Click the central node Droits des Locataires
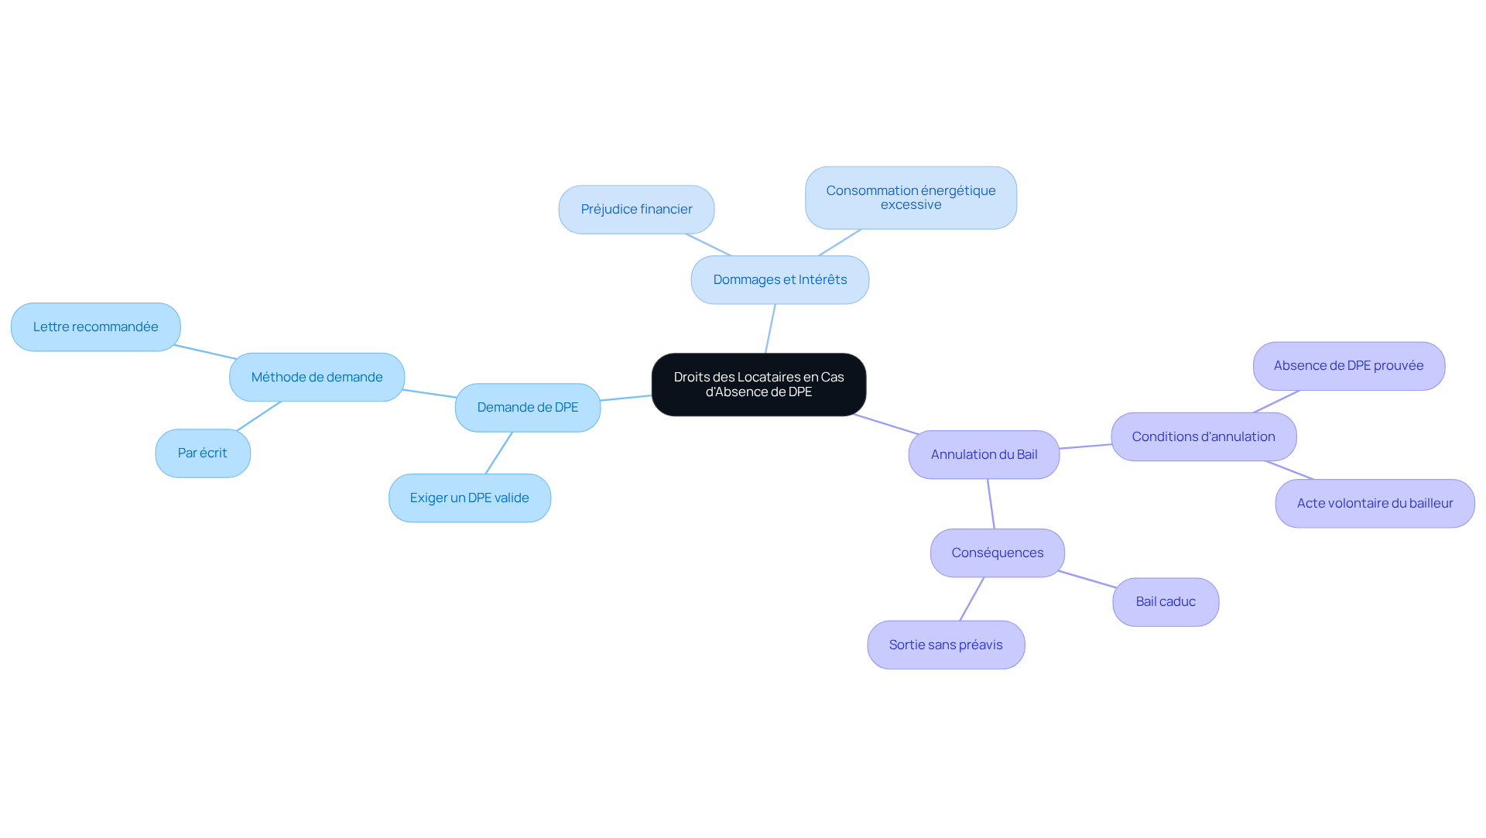point(758,385)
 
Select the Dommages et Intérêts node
point(780,280)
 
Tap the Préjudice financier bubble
point(636,210)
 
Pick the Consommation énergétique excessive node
point(911,198)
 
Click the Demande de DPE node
point(528,408)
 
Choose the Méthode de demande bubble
point(317,378)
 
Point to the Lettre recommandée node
point(96,327)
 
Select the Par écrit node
point(203,453)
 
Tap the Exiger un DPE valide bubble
point(470,498)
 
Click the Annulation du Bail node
point(984,455)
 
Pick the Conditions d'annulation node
point(1204,437)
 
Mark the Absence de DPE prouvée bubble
point(1349,366)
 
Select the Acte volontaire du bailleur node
point(1375,504)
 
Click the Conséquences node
point(998,553)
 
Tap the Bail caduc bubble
point(1166,602)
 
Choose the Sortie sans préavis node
point(946,645)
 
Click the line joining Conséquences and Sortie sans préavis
point(972,599)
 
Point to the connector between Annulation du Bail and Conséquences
point(991,504)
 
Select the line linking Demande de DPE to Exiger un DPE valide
point(498,453)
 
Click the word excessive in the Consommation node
point(911,205)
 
